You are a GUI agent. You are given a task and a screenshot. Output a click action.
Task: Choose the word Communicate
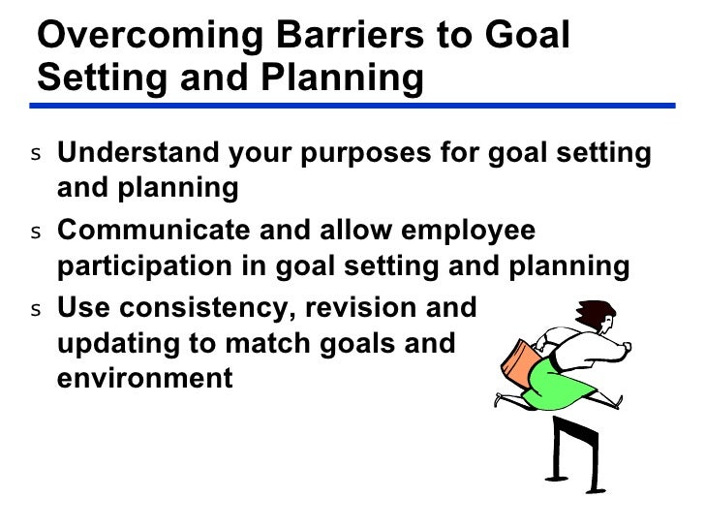point(151,233)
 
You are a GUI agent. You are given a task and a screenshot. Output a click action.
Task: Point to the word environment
point(145,377)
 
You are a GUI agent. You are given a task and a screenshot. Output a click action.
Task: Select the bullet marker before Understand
point(36,155)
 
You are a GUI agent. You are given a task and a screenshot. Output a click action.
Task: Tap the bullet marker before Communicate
point(36,234)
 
